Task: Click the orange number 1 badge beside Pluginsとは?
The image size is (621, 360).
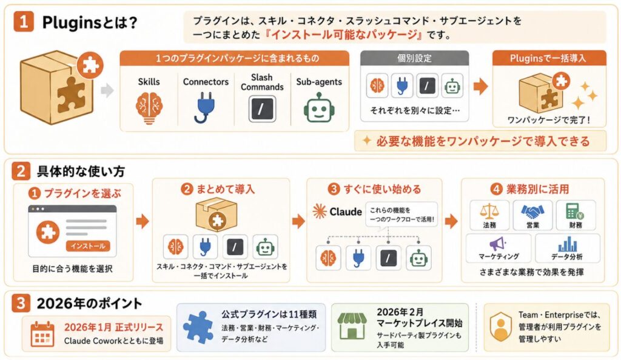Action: pos(24,21)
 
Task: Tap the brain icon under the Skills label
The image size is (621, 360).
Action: pos(149,108)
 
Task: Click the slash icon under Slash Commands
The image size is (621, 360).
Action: pos(262,109)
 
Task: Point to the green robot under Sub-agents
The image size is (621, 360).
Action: pos(319,108)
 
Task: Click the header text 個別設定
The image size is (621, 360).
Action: pos(414,59)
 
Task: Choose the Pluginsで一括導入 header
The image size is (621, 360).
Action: pos(548,59)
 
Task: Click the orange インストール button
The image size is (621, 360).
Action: pos(88,245)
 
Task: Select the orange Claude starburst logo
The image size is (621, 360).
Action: pos(319,212)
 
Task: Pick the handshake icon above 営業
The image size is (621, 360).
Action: pos(532,212)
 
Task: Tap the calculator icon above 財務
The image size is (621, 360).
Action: pos(575,212)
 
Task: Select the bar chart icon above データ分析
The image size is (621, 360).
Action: pos(567,244)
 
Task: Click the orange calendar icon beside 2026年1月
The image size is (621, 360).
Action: pos(42,335)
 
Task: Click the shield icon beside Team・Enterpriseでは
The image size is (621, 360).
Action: pos(500,327)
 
